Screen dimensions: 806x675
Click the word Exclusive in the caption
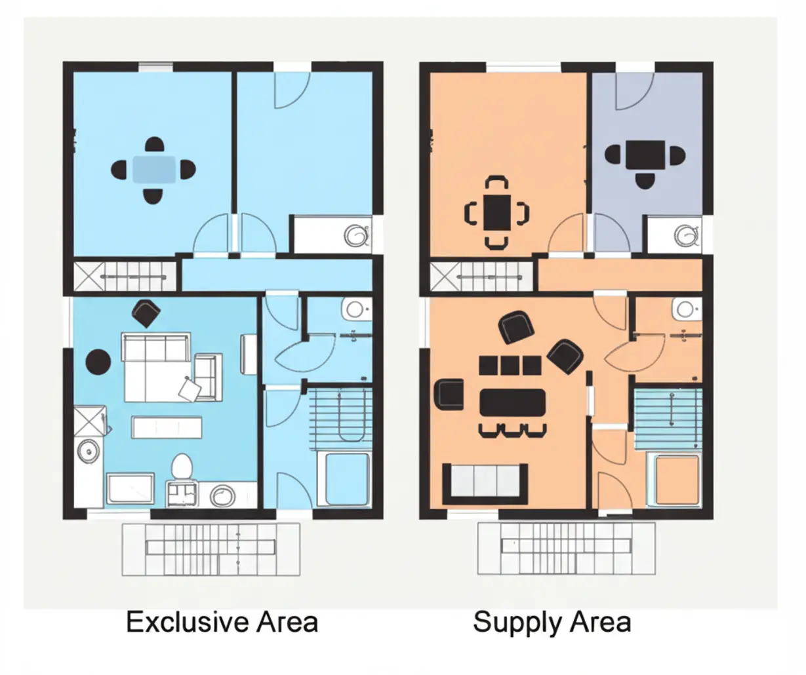[x=187, y=622]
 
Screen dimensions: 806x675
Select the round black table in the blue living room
[x=98, y=362]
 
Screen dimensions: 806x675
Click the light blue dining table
[x=154, y=169]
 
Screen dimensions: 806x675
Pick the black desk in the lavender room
[x=645, y=155]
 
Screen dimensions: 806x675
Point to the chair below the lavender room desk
[x=645, y=182]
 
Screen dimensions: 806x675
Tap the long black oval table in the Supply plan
[x=513, y=402]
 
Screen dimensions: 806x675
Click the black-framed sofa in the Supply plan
[x=485, y=484]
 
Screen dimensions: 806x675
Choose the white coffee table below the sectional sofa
[x=167, y=427]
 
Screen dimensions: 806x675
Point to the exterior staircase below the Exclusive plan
[x=211, y=549]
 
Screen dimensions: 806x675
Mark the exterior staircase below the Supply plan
[x=566, y=549]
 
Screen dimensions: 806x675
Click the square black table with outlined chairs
[x=497, y=212]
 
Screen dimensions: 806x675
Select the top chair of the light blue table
[x=154, y=144]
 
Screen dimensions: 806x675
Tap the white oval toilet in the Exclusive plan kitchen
[x=182, y=467]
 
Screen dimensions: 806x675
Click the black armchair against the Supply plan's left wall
[x=449, y=394]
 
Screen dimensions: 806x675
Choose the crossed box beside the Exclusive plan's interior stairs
[x=89, y=277]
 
